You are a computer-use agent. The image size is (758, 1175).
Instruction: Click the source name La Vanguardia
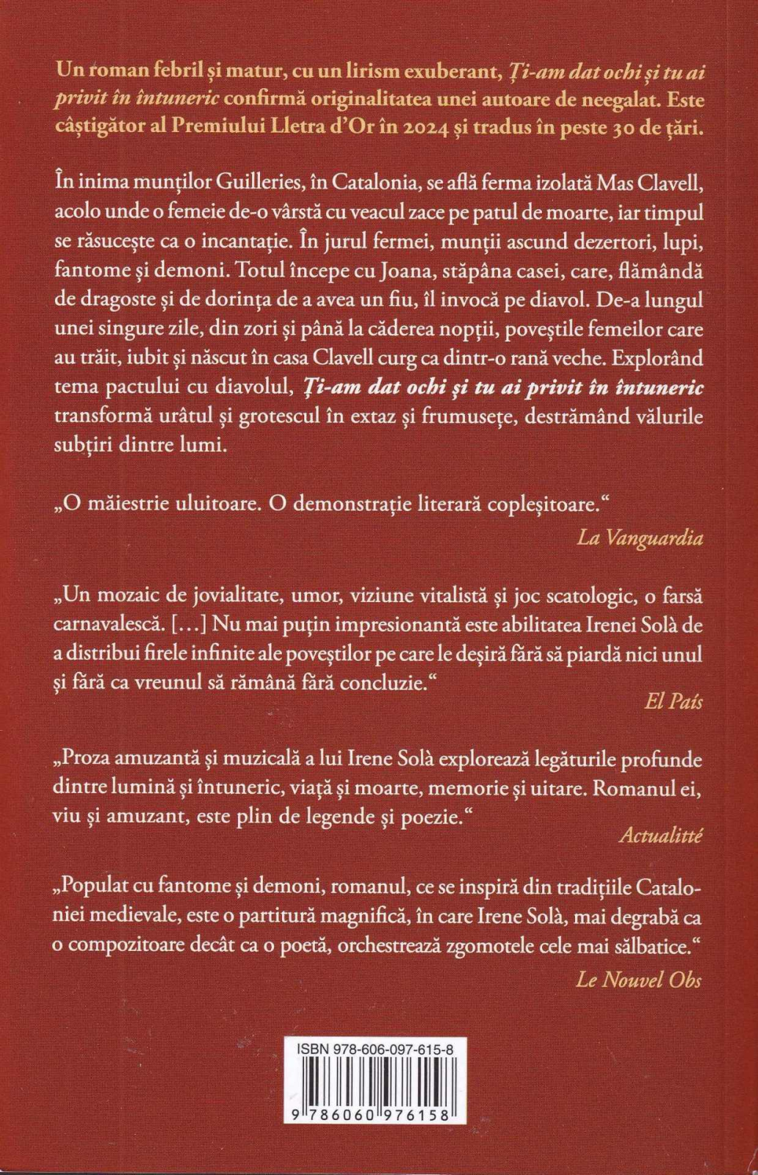point(640,538)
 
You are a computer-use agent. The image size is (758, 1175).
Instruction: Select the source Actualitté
point(660,835)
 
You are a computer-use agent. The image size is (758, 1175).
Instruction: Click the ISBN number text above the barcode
point(375,1051)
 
